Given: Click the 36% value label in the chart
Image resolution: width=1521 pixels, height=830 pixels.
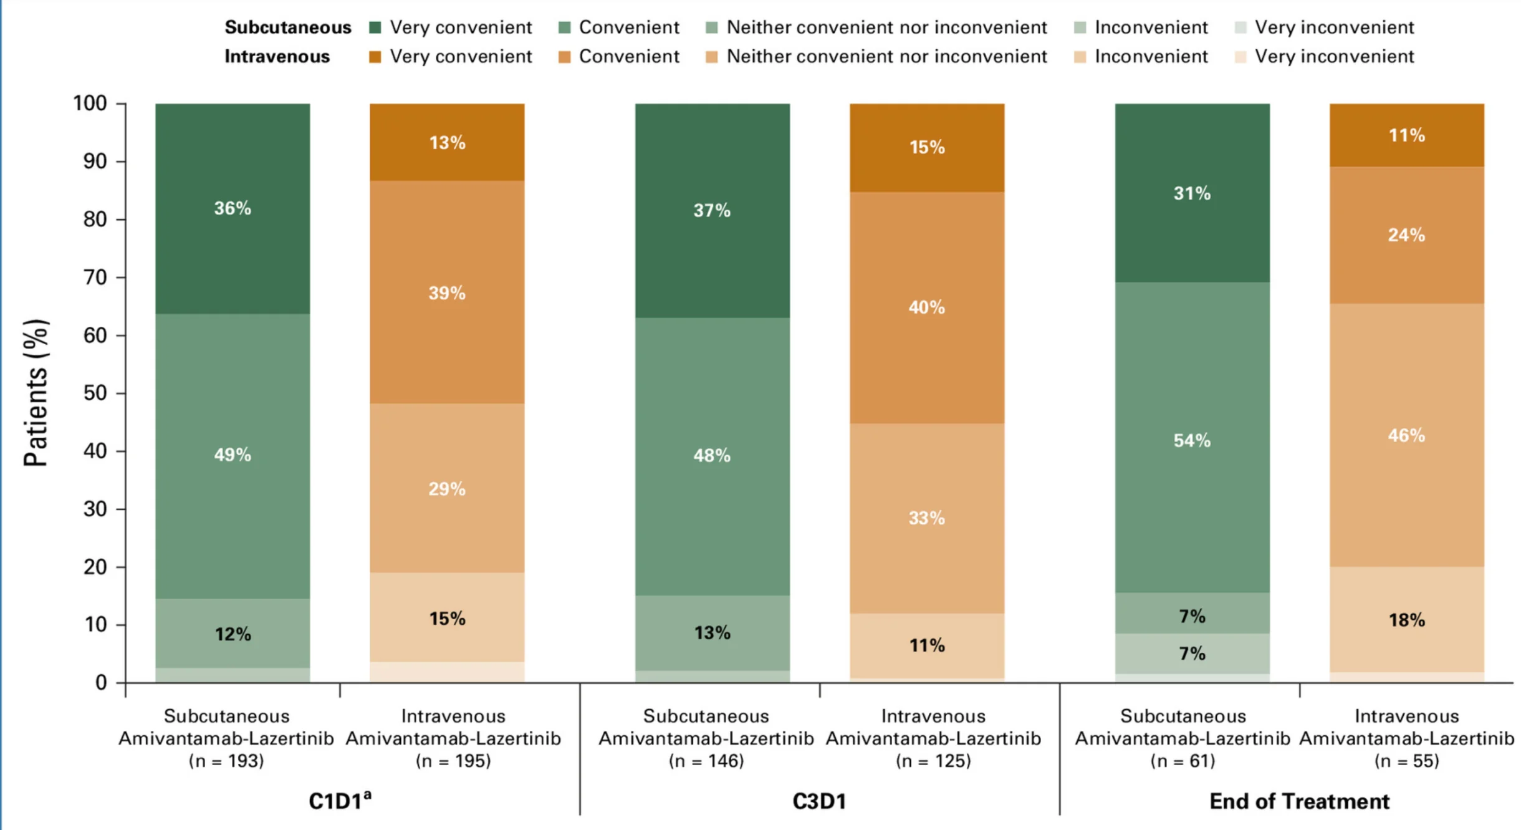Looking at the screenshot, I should [233, 208].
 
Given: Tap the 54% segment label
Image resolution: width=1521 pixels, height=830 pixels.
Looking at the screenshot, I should [1192, 441].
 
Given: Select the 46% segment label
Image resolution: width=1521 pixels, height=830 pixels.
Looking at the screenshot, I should [1406, 435].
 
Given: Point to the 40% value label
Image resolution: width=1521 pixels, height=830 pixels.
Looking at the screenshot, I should [926, 307].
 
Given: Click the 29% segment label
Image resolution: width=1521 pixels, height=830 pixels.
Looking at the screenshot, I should [447, 489].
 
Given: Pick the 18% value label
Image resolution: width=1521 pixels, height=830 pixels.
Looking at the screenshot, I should [1406, 620].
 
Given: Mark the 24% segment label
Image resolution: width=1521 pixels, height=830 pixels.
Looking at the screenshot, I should [1406, 235].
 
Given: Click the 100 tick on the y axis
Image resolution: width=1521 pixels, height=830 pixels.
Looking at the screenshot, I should [90, 103].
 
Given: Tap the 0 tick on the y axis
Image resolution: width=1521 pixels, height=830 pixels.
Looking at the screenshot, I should [101, 683].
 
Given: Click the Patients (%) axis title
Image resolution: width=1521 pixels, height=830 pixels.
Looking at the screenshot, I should [36, 393].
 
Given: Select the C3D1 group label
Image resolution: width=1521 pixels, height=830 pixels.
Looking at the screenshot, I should [819, 801].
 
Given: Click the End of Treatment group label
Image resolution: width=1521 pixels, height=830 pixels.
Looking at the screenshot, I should [1299, 801].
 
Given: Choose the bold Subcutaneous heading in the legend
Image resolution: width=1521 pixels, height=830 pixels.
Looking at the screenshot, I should [288, 27].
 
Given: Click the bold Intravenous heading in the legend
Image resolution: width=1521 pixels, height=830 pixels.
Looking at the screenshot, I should [277, 57].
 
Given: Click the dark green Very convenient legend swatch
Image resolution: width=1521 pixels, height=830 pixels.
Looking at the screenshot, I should [375, 27].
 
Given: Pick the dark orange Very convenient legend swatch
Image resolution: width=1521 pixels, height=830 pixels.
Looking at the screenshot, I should [375, 57].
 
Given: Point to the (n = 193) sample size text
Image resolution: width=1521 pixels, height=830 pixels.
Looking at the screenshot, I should [226, 761].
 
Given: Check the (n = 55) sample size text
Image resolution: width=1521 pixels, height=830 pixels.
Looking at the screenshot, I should [1406, 761].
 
